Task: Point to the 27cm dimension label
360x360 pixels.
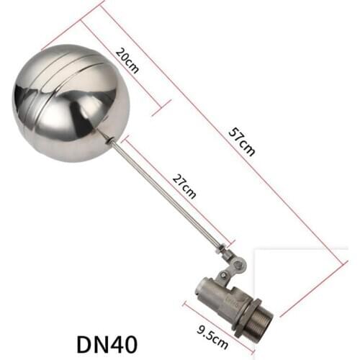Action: coord(185,186)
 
